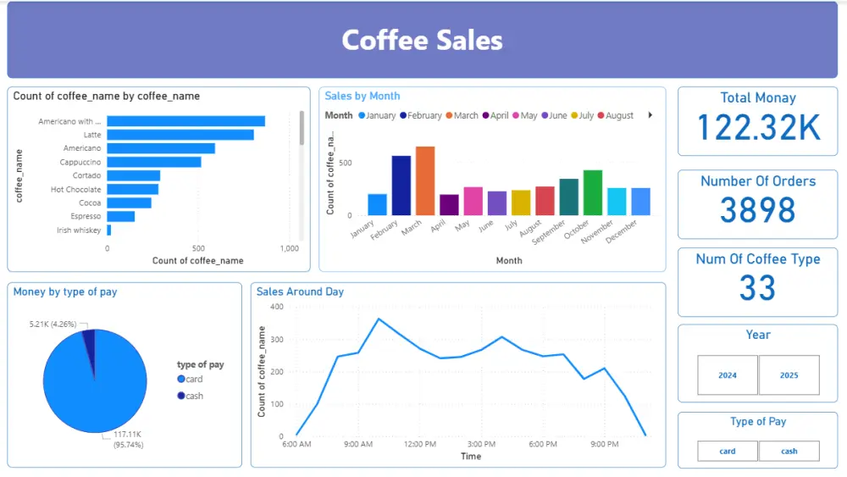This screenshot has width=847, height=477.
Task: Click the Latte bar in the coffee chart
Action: [180, 135]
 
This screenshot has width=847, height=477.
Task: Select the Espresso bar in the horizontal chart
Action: [120, 216]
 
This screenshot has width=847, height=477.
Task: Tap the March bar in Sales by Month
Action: [424, 180]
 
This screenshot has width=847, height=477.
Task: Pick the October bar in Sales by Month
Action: [593, 192]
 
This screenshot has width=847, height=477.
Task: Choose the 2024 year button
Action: [727, 374]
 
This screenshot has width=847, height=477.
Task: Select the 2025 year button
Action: [789, 374]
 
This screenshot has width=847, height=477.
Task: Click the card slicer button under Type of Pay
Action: [727, 451]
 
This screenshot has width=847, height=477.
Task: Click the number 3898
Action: [758, 210]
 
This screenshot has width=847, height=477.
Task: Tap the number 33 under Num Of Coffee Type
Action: [757, 288]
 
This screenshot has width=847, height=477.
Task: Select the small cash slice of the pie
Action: [88, 337]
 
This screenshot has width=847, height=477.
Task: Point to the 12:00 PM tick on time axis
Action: [419, 444]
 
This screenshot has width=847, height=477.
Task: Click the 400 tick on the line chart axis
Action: [277, 307]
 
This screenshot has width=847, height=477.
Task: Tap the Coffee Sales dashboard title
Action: [422, 40]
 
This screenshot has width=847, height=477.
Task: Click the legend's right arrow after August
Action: [650, 115]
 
